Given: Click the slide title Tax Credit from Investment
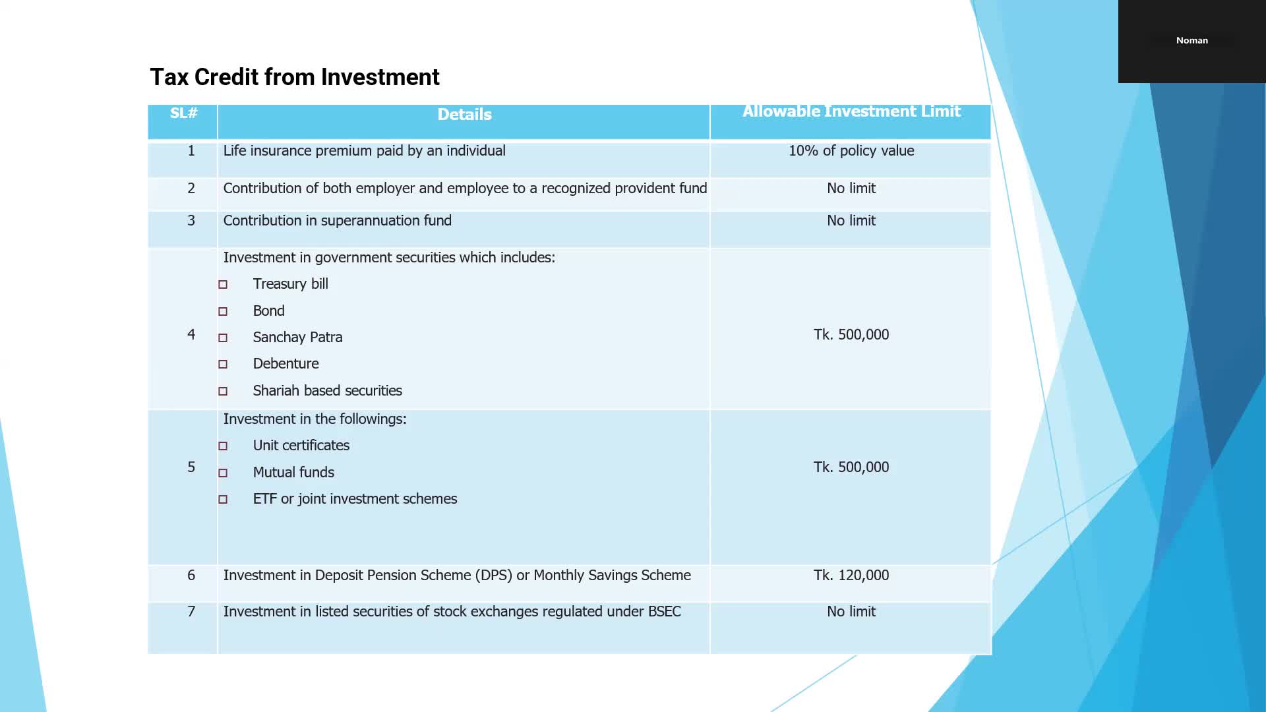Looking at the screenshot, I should pyautogui.click(x=294, y=77).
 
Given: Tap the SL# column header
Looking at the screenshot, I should pyautogui.click(x=183, y=113).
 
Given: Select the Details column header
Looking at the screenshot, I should pyautogui.click(x=464, y=115).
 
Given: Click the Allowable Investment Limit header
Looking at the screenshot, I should pyautogui.click(x=851, y=111).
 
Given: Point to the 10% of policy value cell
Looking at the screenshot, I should pyautogui.click(x=851, y=151).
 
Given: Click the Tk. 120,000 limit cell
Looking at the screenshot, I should pyautogui.click(x=851, y=576).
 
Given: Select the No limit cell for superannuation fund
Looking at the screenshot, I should pyautogui.click(x=851, y=221).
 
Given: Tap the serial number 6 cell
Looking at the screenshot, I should pyautogui.click(x=191, y=576).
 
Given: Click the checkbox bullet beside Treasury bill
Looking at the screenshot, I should pyautogui.click(x=223, y=285).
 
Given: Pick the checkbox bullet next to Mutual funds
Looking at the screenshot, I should pyautogui.click(x=223, y=473).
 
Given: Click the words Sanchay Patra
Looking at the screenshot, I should pyautogui.click(x=297, y=338).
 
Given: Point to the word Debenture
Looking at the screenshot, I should pyautogui.click(x=286, y=364).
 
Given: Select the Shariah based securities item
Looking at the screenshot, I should pyautogui.click(x=327, y=391).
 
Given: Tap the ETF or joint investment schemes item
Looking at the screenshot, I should pyautogui.click(x=355, y=499).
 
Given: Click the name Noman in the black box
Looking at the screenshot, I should pyautogui.click(x=1191, y=41).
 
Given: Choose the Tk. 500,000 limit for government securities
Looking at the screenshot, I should pyautogui.click(x=851, y=335).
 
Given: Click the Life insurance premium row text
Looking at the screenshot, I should pyautogui.click(x=364, y=151).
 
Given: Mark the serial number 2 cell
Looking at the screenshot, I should pyautogui.click(x=191, y=189).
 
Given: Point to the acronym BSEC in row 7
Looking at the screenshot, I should pyautogui.click(x=664, y=612).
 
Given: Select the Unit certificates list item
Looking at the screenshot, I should pyautogui.click(x=301, y=446).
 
